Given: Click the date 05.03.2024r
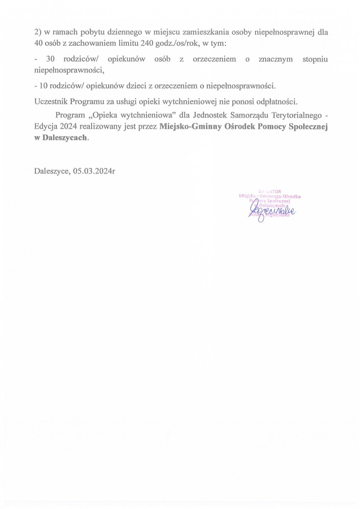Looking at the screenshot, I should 94,171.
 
